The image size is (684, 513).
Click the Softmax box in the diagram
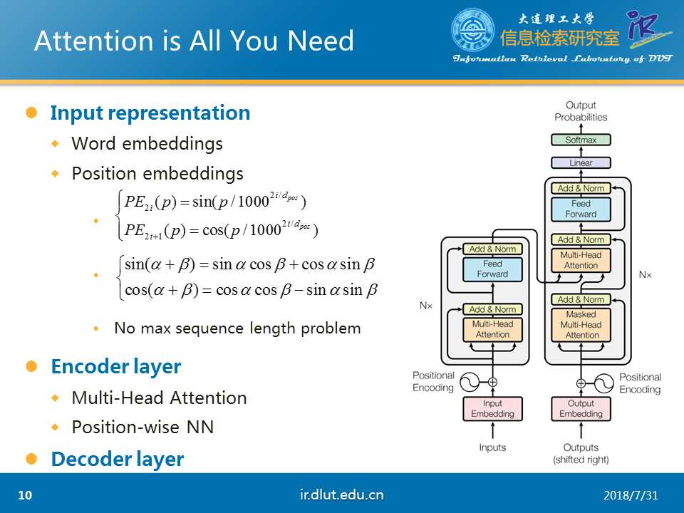pyautogui.click(x=581, y=140)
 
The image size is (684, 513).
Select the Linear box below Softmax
pyautogui.click(x=581, y=162)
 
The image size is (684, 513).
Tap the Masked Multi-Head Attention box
pyautogui.click(x=581, y=324)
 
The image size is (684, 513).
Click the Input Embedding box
pyautogui.click(x=492, y=409)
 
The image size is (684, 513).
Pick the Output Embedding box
pyautogui.click(x=581, y=409)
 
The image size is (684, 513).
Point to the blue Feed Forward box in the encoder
pyautogui.click(x=492, y=269)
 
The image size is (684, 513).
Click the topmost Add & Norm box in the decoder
pyautogui.click(x=581, y=188)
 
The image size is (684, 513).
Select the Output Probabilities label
pyautogui.click(x=581, y=111)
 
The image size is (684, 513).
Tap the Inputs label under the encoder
pyautogui.click(x=492, y=447)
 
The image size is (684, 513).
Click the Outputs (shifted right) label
pyautogui.click(x=581, y=453)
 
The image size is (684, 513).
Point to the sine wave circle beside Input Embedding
pyautogui.click(x=470, y=383)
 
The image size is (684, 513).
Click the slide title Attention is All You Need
pyautogui.click(x=194, y=41)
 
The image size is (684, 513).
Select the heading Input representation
pyautogui.click(x=150, y=113)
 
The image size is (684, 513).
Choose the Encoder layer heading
pyautogui.click(x=116, y=367)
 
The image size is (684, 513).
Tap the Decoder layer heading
pyautogui.click(x=118, y=460)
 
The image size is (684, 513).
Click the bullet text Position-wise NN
pyautogui.click(x=142, y=427)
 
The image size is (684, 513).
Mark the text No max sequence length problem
pyautogui.click(x=237, y=328)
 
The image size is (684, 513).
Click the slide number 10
pyautogui.click(x=25, y=495)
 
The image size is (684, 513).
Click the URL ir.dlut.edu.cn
pyautogui.click(x=342, y=494)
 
